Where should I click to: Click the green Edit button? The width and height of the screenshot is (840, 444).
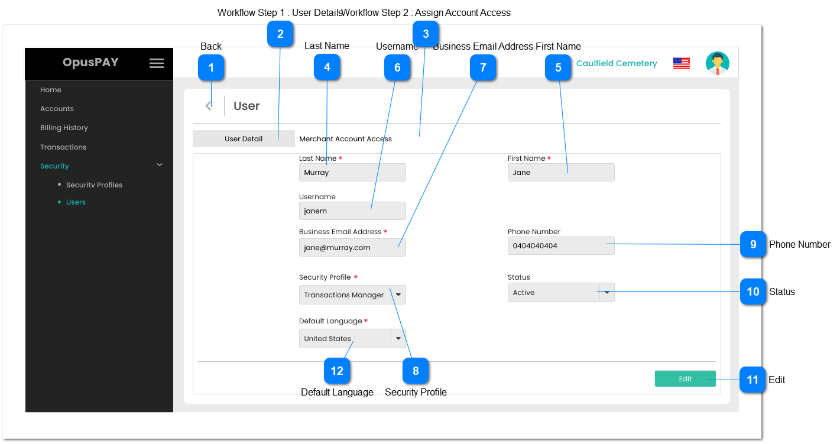685,379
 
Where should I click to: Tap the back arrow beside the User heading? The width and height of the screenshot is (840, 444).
208,106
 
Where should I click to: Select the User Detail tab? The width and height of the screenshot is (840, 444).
244,139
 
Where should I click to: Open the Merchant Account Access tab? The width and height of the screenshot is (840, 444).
345,139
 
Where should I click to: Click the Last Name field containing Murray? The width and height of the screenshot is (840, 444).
352,173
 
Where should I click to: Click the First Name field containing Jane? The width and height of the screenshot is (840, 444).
560,173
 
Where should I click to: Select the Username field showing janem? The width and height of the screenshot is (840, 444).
352,211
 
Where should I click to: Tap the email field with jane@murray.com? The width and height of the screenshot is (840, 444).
352,248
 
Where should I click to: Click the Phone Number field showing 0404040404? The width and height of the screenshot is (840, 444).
560,246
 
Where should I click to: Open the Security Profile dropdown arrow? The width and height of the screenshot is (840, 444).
398,294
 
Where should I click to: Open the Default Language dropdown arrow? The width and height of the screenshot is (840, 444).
398,339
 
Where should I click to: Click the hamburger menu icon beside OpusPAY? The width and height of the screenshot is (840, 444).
157,63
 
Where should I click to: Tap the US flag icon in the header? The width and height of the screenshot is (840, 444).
681,63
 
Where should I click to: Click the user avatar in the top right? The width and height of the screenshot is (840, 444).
717,63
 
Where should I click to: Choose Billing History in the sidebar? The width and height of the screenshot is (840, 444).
64,128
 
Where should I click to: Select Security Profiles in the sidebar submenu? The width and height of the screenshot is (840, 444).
94,185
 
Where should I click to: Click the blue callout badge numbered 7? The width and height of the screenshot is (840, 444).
483,67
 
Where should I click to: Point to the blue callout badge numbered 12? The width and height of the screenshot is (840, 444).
337,371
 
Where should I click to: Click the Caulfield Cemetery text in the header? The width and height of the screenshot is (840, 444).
617,63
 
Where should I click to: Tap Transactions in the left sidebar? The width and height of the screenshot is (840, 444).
63,147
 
